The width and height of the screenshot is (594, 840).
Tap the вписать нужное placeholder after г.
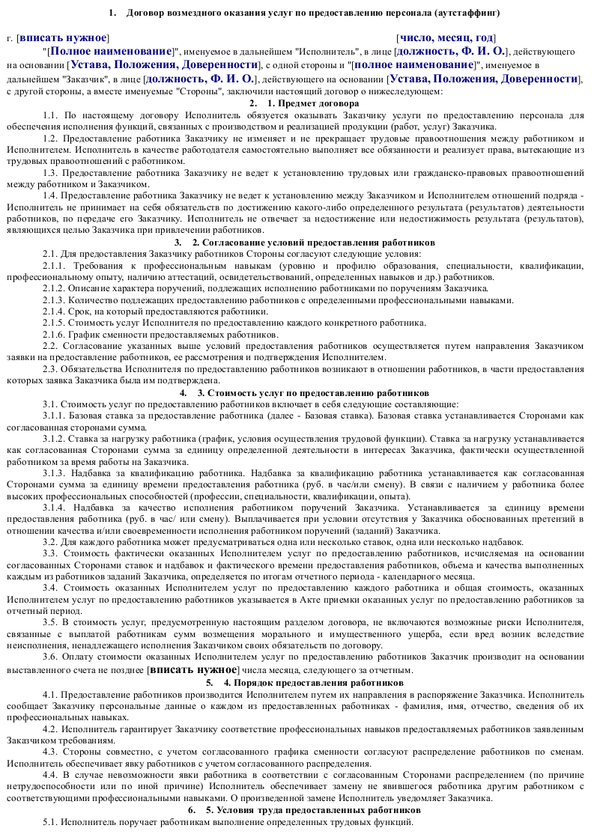click(x=63, y=37)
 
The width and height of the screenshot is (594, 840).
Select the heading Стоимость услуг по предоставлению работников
click(x=313, y=392)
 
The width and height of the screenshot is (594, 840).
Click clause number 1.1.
click(x=50, y=115)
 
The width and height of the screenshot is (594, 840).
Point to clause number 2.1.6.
click(x=53, y=334)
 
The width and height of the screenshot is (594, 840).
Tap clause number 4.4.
click(x=50, y=774)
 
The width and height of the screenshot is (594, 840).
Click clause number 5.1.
click(x=50, y=823)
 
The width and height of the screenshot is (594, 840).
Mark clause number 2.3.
click(x=50, y=368)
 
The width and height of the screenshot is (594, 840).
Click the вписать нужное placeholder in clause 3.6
click(x=193, y=670)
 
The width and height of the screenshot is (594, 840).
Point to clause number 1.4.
click(x=50, y=195)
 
